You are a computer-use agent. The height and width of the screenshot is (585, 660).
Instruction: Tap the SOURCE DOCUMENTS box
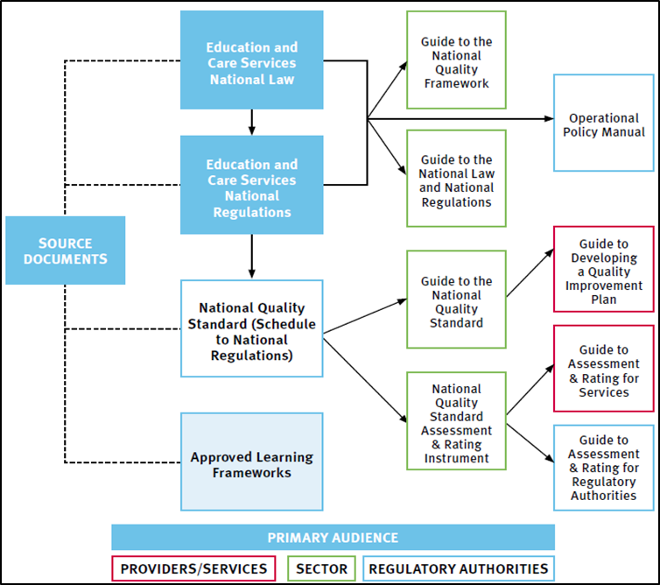pos(66,250)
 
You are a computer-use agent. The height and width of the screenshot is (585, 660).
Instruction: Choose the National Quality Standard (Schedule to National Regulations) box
pos(252,332)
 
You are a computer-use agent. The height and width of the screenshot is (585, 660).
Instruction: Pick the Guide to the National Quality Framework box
pos(456,61)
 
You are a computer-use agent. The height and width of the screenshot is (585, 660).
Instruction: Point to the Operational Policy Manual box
pos(604,124)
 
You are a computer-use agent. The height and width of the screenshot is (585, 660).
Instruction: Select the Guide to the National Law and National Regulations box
pos(456,180)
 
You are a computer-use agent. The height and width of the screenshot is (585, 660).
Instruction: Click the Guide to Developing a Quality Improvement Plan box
pos(604,271)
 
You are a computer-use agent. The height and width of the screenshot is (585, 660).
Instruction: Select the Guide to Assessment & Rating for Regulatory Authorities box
pos(604,468)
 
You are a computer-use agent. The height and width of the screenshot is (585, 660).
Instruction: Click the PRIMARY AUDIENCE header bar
pos(333,538)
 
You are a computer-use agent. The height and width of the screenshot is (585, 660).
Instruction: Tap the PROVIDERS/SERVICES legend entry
pos(193,568)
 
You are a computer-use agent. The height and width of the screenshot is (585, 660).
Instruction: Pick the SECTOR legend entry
pos(322,568)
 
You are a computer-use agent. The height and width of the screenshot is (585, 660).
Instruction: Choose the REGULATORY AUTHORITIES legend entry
pos(459,568)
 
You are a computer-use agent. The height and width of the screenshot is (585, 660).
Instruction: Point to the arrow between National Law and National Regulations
pos(252,122)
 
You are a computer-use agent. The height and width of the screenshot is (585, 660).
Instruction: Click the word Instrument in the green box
pos(456,458)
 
